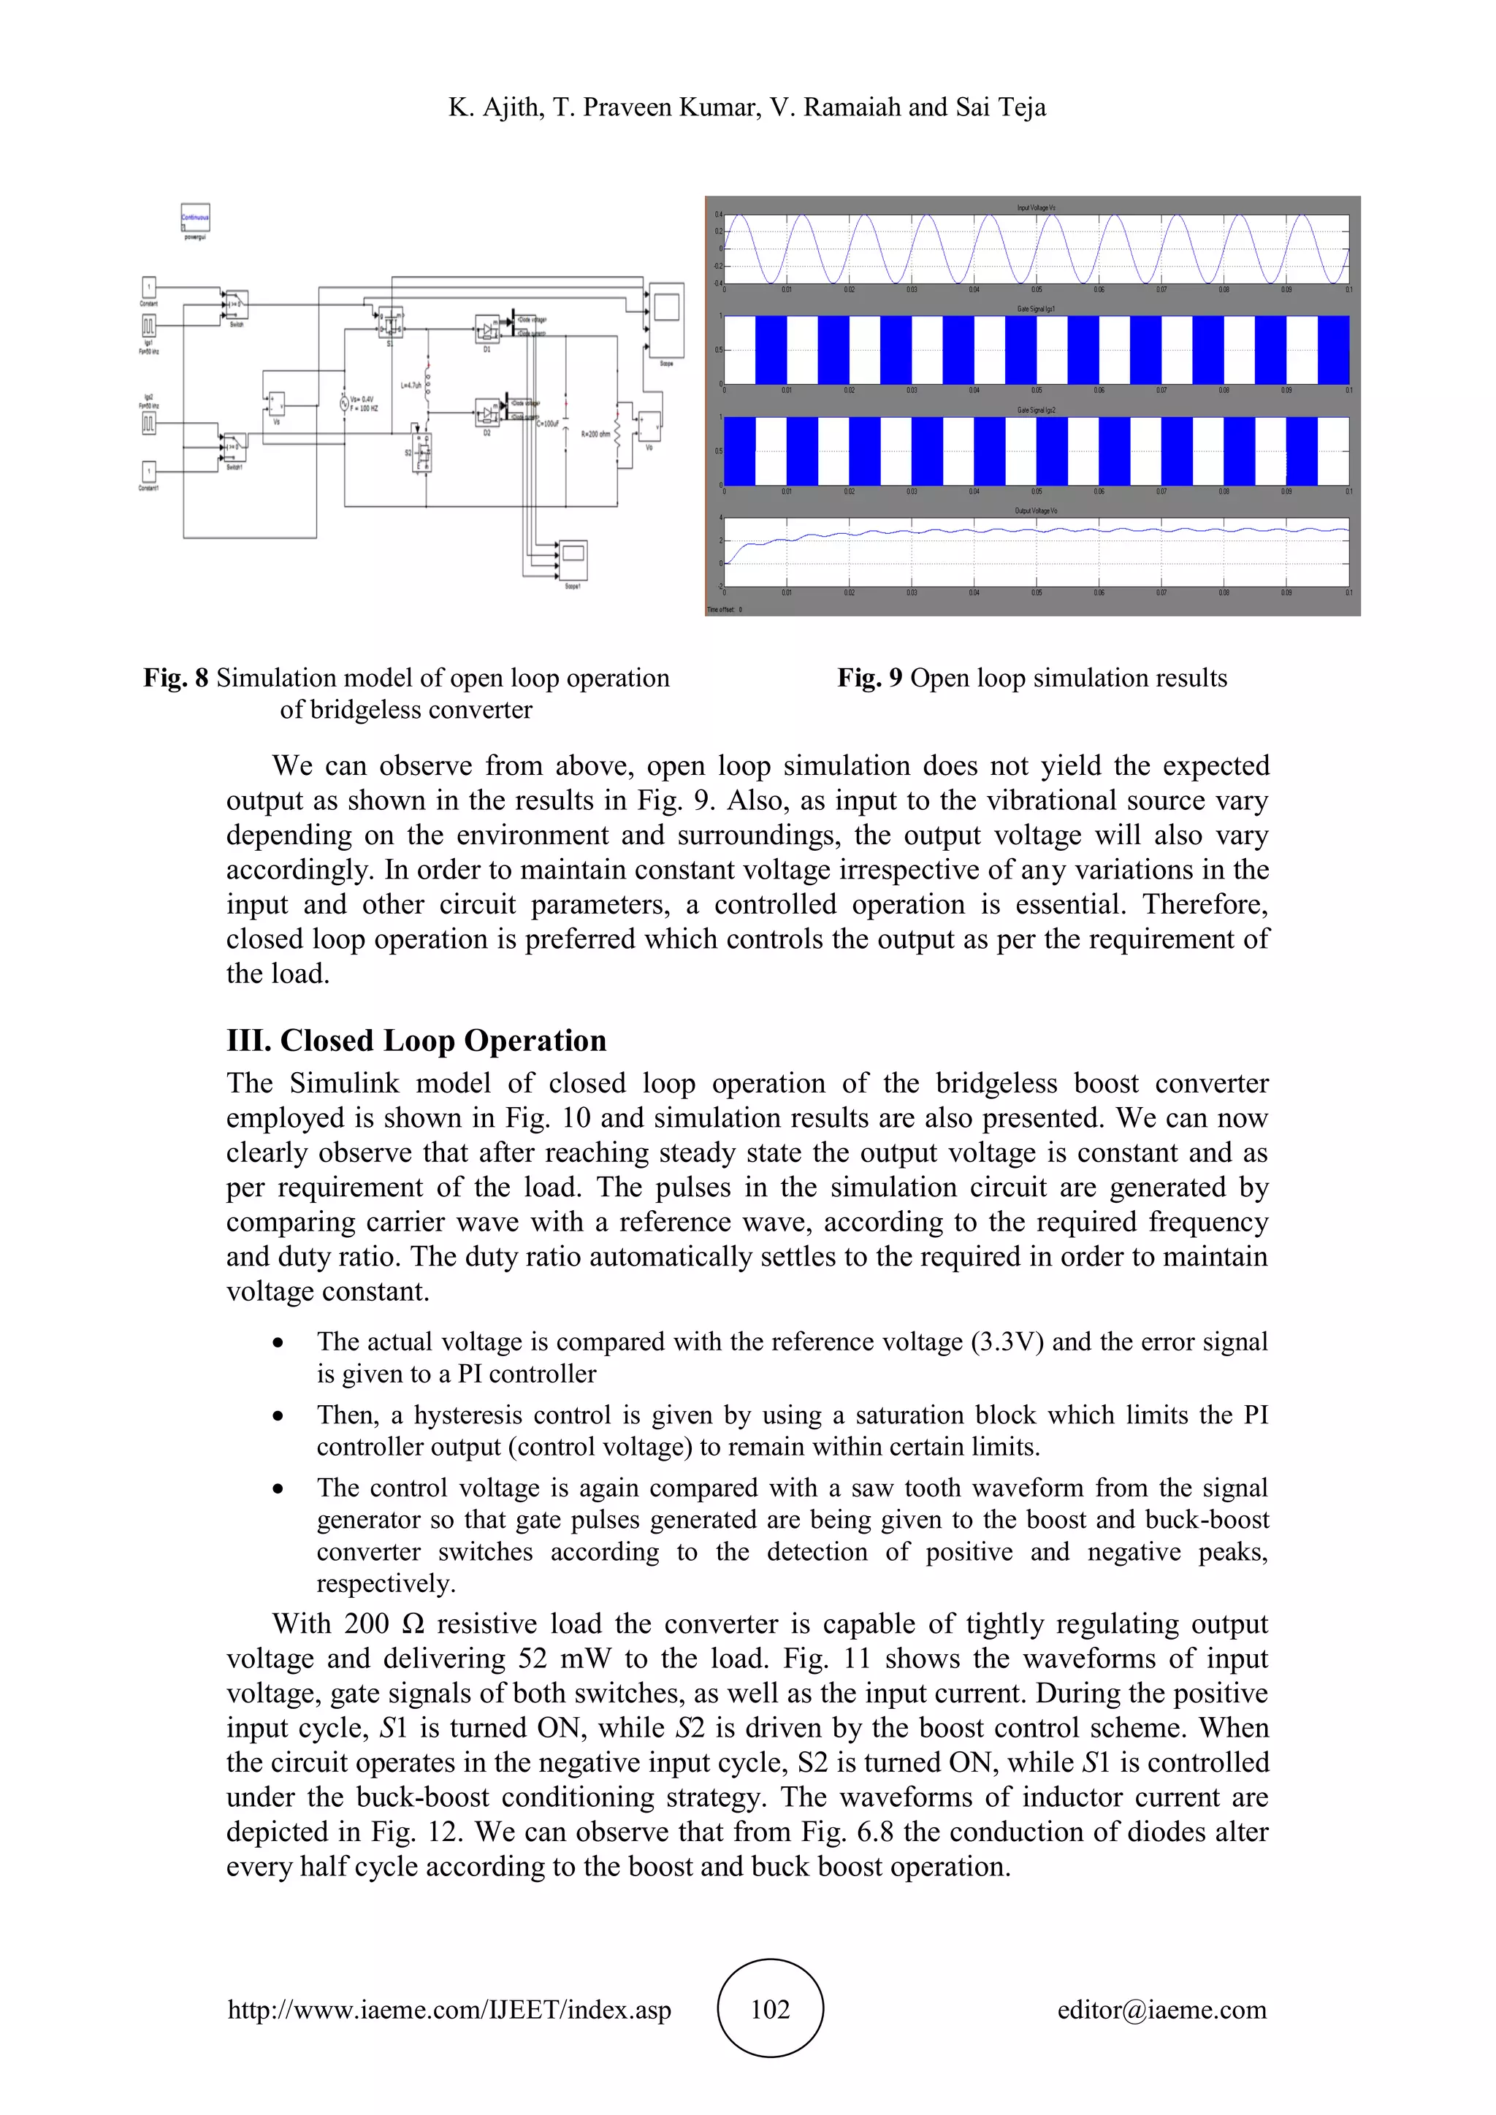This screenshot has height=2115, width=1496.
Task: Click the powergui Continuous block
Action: pyautogui.click(x=194, y=218)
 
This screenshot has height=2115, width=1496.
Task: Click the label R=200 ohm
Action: pyautogui.click(x=595, y=433)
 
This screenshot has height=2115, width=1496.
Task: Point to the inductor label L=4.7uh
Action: pyautogui.click(x=411, y=385)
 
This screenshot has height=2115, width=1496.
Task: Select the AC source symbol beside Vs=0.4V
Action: pyautogui.click(x=343, y=402)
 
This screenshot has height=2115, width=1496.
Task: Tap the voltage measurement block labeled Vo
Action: pyautogui.click(x=649, y=427)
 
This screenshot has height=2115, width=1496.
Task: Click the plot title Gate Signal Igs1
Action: pyautogui.click(x=1035, y=310)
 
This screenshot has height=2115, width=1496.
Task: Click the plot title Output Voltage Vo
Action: pyautogui.click(x=1035, y=510)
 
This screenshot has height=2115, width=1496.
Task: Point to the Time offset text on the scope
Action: pyautogui.click(x=724, y=610)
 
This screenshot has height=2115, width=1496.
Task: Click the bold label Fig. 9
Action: pyautogui.click(x=869, y=678)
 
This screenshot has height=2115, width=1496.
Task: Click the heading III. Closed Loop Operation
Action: pyautogui.click(x=416, y=1040)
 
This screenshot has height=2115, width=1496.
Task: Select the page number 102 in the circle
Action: pyautogui.click(x=770, y=2009)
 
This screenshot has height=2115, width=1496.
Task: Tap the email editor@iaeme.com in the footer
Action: pyautogui.click(x=1161, y=2009)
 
